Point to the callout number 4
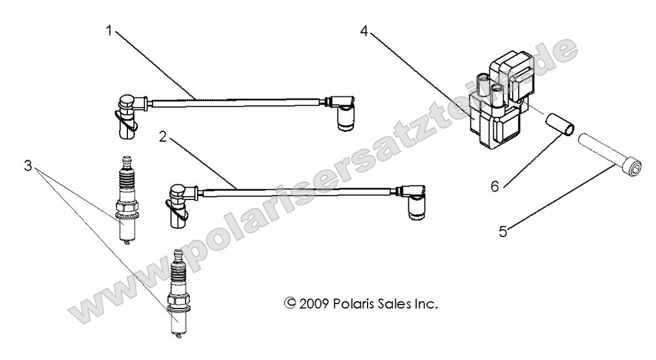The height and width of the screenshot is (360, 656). pyautogui.click(x=364, y=31)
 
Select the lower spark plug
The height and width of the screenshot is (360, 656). pyautogui.click(x=177, y=296)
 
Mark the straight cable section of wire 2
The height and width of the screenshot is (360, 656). pyautogui.click(x=299, y=192)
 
